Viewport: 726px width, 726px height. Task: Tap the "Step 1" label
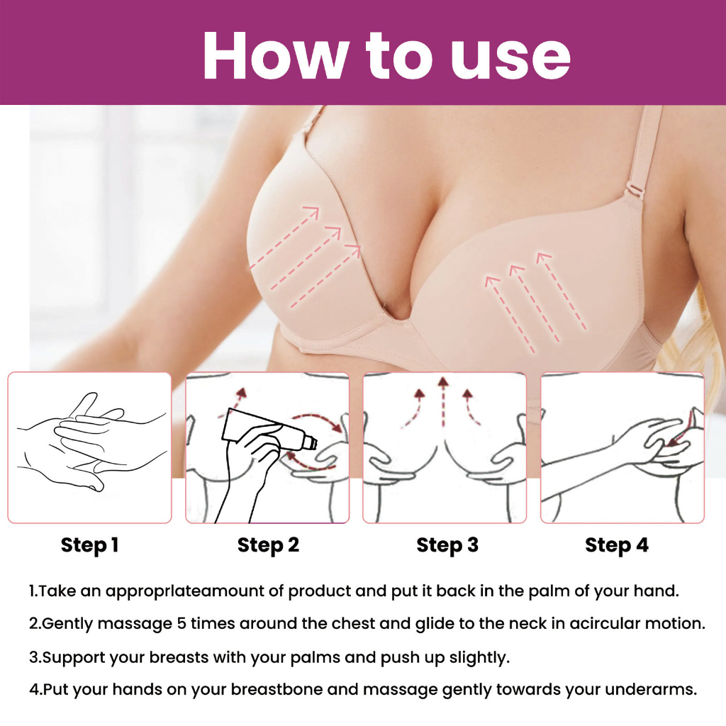coord(90,545)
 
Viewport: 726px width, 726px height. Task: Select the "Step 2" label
coord(268,545)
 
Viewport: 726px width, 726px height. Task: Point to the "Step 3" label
coord(447,545)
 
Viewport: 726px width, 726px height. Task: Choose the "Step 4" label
coord(617,545)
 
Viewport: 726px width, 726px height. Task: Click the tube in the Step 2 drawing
coord(269,430)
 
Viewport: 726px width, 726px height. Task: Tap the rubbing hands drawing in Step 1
coord(90,443)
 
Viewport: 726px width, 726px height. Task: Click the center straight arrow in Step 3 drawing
coord(444,402)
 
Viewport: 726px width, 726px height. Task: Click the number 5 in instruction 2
coord(181,624)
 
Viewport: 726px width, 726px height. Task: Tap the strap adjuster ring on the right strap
coord(635,189)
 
